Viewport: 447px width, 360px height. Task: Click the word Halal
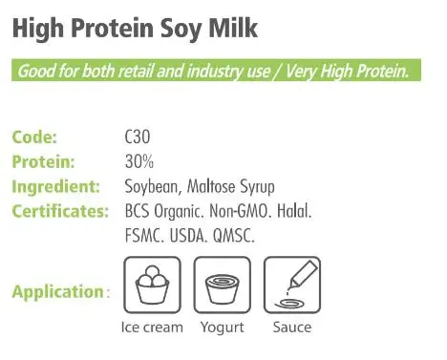[290, 209]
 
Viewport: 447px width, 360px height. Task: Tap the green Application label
[58, 290]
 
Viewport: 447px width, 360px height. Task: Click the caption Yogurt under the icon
[222, 328]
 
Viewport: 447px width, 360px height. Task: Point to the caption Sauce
[291, 328]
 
